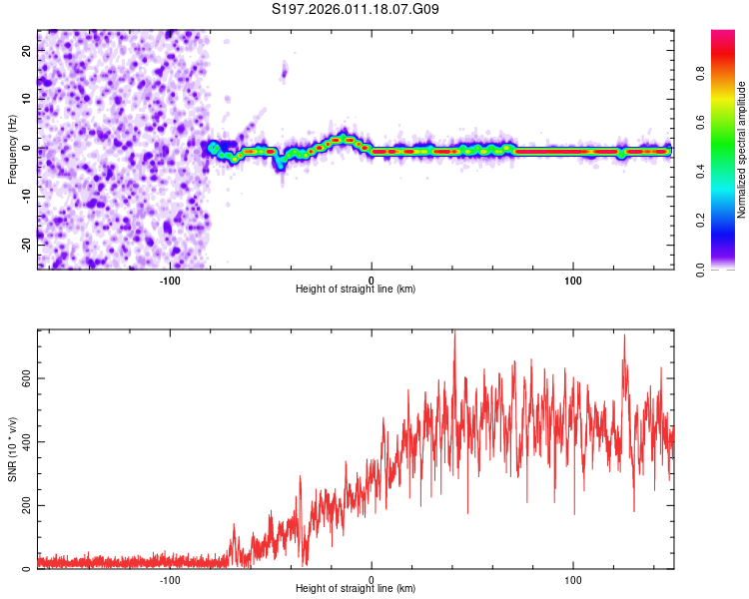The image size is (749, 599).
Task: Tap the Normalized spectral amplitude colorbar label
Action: (742, 150)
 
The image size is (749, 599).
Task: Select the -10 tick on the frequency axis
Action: (26, 195)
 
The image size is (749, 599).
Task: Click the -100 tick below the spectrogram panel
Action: (170, 279)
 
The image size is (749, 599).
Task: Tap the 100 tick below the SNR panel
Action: (573, 578)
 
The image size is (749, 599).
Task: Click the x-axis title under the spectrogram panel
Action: (356, 289)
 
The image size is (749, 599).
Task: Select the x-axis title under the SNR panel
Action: (356, 589)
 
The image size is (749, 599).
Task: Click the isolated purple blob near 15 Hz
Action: (284, 71)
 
